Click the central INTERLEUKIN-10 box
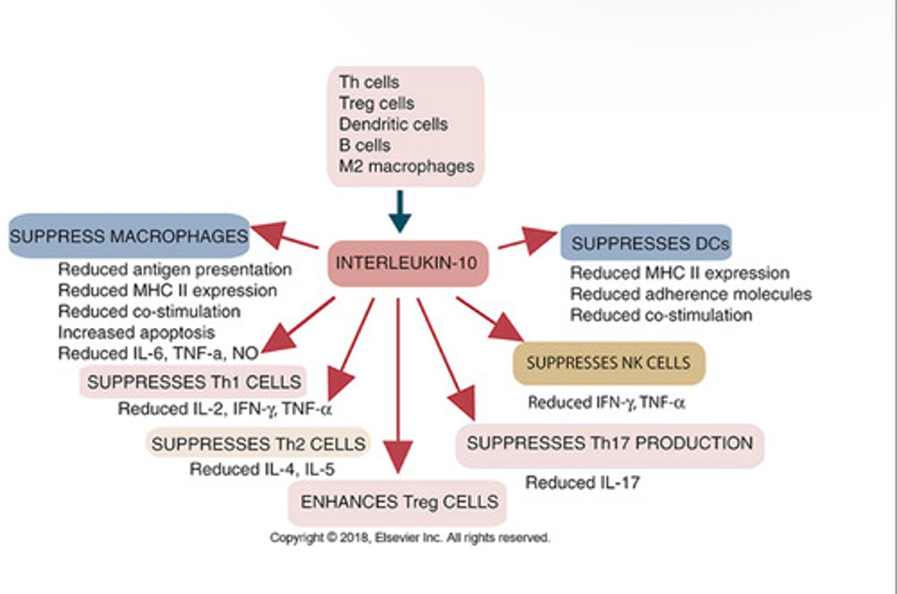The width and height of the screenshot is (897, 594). click(407, 263)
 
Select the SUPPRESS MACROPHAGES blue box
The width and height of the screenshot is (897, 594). click(129, 236)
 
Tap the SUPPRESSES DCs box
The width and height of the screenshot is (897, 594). click(647, 243)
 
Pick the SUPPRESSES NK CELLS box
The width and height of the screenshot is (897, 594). click(609, 363)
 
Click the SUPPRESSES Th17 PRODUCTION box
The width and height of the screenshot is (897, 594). click(609, 444)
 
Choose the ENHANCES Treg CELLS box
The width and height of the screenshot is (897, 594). click(398, 502)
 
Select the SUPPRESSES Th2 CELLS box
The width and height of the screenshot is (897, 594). click(258, 444)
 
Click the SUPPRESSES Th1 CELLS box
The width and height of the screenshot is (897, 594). click(193, 382)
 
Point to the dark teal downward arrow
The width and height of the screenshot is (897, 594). click(399, 213)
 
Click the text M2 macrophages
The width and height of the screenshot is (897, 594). click(406, 166)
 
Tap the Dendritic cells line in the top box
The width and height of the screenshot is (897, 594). click(393, 124)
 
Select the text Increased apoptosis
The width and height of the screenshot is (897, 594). click(136, 332)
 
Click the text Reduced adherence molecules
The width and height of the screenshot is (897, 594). click(690, 294)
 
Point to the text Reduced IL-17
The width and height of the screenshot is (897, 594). click(582, 482)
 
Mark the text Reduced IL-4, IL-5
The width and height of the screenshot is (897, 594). click(262, 469)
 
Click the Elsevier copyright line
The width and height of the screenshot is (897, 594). click(409, 537)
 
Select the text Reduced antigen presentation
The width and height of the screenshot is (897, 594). click(174, 269)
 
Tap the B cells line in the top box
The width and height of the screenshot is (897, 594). click(364, 145)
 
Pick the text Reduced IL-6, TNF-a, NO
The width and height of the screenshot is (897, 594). click(158, 353)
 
